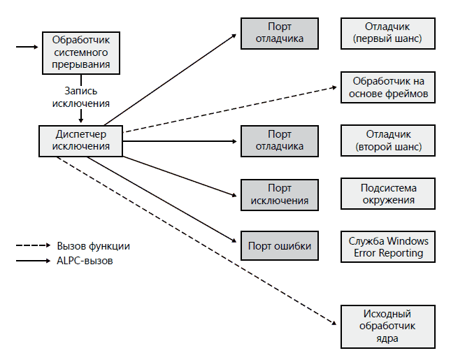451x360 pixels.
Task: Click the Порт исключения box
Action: click(x=280, y=194)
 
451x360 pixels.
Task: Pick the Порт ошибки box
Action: click(x=280, y=246)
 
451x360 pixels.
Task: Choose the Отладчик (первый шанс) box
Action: click(x=388, y=33)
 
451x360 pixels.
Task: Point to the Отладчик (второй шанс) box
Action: click(x=388, y=140)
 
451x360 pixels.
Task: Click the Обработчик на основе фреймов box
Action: click(x=388, y=87)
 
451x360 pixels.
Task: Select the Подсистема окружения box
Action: click(x=388, y=194)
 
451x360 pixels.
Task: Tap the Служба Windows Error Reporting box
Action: click(x=388, y=247)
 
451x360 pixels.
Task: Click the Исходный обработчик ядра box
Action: click(x=388, y=326)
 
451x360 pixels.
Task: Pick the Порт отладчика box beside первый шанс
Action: click(x=280, y=33)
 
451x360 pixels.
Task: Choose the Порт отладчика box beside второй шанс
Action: click(x=280, y=140)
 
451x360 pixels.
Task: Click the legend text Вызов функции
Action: click(x=93, y=246)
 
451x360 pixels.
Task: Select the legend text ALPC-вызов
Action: click(x=86, y=261)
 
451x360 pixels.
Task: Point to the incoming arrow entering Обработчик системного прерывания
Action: click(x=28, y=48)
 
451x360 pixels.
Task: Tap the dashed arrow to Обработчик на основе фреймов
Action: click(x=231, y=109)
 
